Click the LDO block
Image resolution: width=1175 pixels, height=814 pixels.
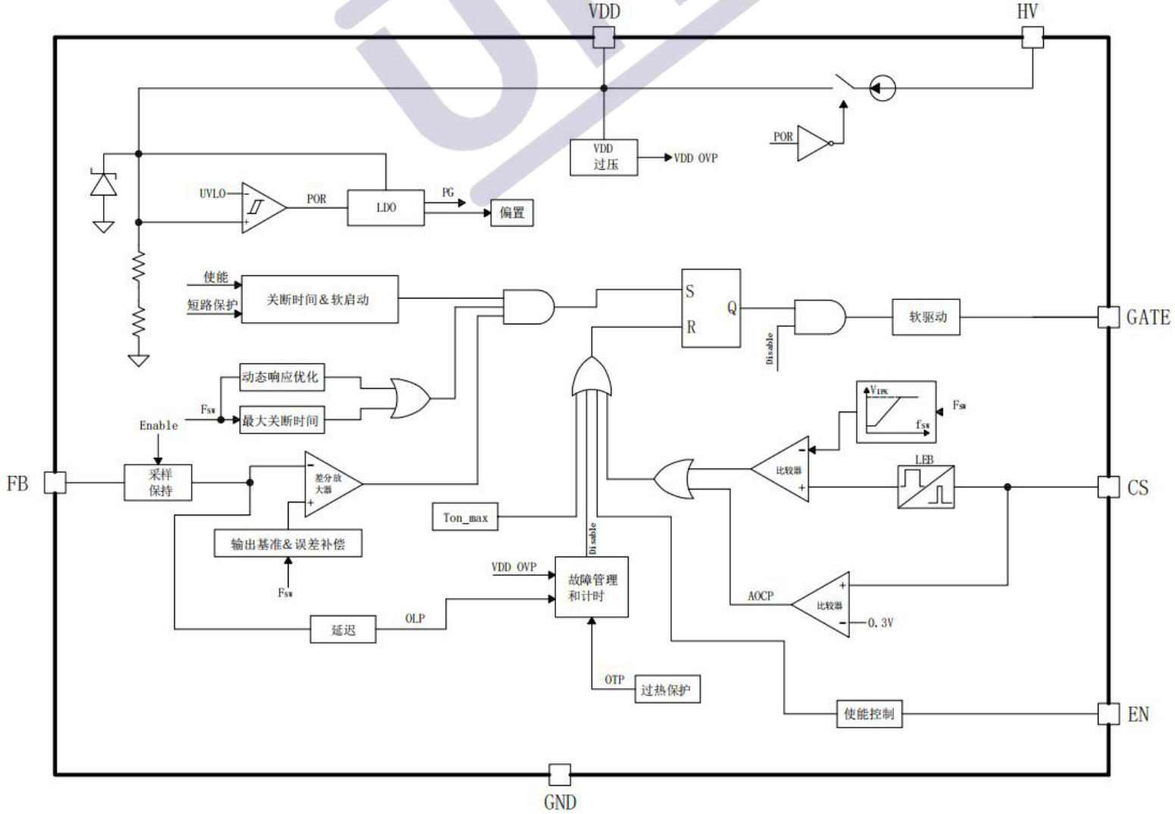pyautogui.click(x=386, y=207)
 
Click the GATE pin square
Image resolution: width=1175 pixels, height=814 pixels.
pyautogui.click(x=1108, y=317)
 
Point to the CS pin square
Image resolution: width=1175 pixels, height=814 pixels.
pyautogui.click(x=1108, y=487)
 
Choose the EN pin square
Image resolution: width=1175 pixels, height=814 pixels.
pyautogui.click(x=1108, y=713)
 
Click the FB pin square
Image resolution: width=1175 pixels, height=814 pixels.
pyautogui.click(x=55, y=482)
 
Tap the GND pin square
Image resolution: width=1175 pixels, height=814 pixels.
pyautogui.click(x=559, y=775)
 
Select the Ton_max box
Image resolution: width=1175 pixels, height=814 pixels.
pyautogui.click(x=465, y=518)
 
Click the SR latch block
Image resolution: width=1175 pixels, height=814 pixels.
pyautogui.click(x=710, y=308)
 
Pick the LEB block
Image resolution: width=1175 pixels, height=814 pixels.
pyautogui.click(x=925, y=487)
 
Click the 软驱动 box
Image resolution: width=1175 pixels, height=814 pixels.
pyautogui.click(x=927, y=318)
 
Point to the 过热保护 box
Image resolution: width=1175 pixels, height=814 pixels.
pyautogui.click(x=666, y=690)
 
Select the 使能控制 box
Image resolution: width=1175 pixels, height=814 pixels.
pyautogui.click(x=869, y=713)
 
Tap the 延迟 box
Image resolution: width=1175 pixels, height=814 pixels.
pyautogui.click(x=342, y=630)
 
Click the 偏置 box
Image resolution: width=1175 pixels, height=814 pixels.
pyautogui.click(x=512, y=213)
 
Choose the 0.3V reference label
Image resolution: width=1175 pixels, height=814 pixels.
pyautogui.click(x=880, y=623)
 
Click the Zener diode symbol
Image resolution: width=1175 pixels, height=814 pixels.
pyautogui.click(x=104, y=184)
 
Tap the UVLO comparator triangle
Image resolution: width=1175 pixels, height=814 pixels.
pyautogui.click(x=262, y=208)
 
